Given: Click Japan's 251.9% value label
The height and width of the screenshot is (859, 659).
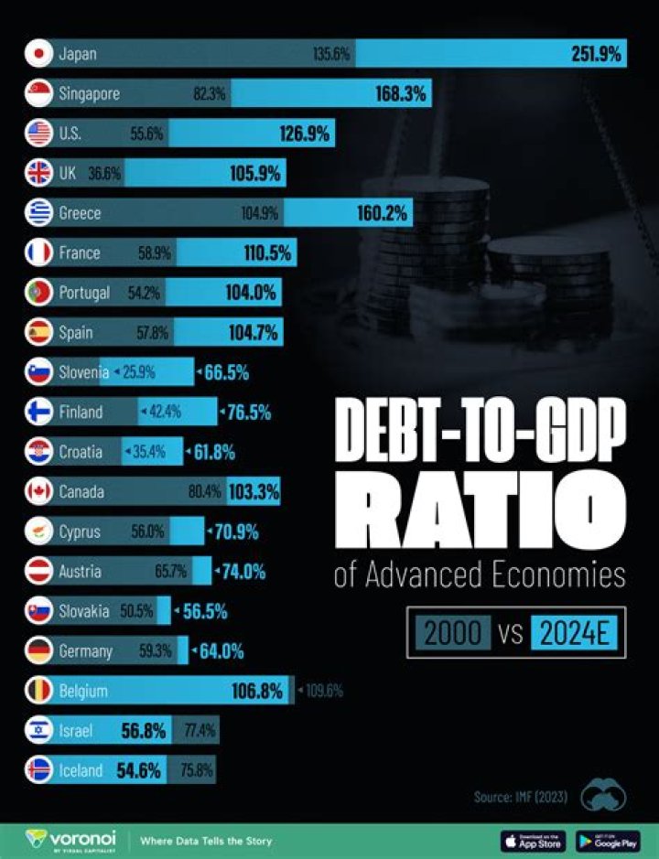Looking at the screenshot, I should pyautogui.click(x=597, y=54).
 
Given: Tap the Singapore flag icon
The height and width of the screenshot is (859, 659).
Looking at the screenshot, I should pyautogui.click(x=39, y=93).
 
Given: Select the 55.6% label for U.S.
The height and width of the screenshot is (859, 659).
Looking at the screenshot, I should pyautogui.click(x=146, y=134).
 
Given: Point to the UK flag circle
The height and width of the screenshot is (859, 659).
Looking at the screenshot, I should pyautogui.click(x=39, y=173).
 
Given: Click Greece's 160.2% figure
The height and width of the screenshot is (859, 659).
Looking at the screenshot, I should pyautogui.click(x=383, y=213).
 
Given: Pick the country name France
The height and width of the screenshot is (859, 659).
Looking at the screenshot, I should pyautogui.click(x=79, y=253).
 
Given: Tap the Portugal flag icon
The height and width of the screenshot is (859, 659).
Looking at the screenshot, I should pyautogui.click(x=39, y=293).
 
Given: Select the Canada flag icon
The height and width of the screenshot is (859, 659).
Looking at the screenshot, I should pyautogui.click(x=39, y=492).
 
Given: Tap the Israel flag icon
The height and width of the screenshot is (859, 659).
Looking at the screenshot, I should pyautogui.click(x=39, y=731).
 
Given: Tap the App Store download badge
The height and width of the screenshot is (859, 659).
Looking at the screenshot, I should pyautogui.click(x=534, y=840).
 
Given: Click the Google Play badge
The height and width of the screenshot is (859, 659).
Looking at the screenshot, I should pyautogui.click(x=608, y=840).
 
